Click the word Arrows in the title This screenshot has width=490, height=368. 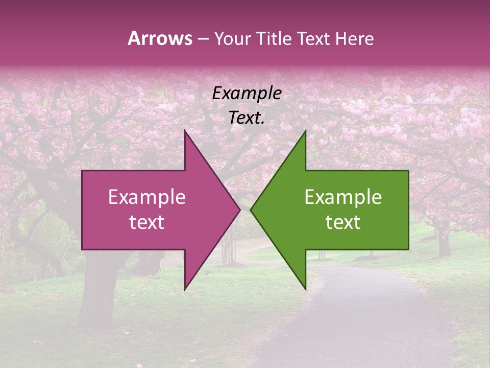click(x=160, y=38)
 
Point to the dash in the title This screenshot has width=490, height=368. click(x=203, y=39)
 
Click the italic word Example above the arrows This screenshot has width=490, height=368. click(x=247, y=94)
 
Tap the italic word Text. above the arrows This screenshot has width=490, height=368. click(x=247, y=118)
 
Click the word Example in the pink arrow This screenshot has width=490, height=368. click(x=147, y=197)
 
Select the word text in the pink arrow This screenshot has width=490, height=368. click(x=147, y=222)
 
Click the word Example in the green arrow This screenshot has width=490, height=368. click(x=343, y=197)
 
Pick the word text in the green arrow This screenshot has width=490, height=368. click(x=343, y=222)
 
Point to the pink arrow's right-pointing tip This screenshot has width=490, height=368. click(x=239, y=210)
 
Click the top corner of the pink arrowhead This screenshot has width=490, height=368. click(x=185, y=132)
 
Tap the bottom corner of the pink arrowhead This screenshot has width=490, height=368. click(x=185, y=288)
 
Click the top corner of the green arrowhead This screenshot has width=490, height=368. click(x=305, y=132)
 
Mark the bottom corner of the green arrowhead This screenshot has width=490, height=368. click(x=305, y=288)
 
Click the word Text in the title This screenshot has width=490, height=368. click(x=313, y=39)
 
